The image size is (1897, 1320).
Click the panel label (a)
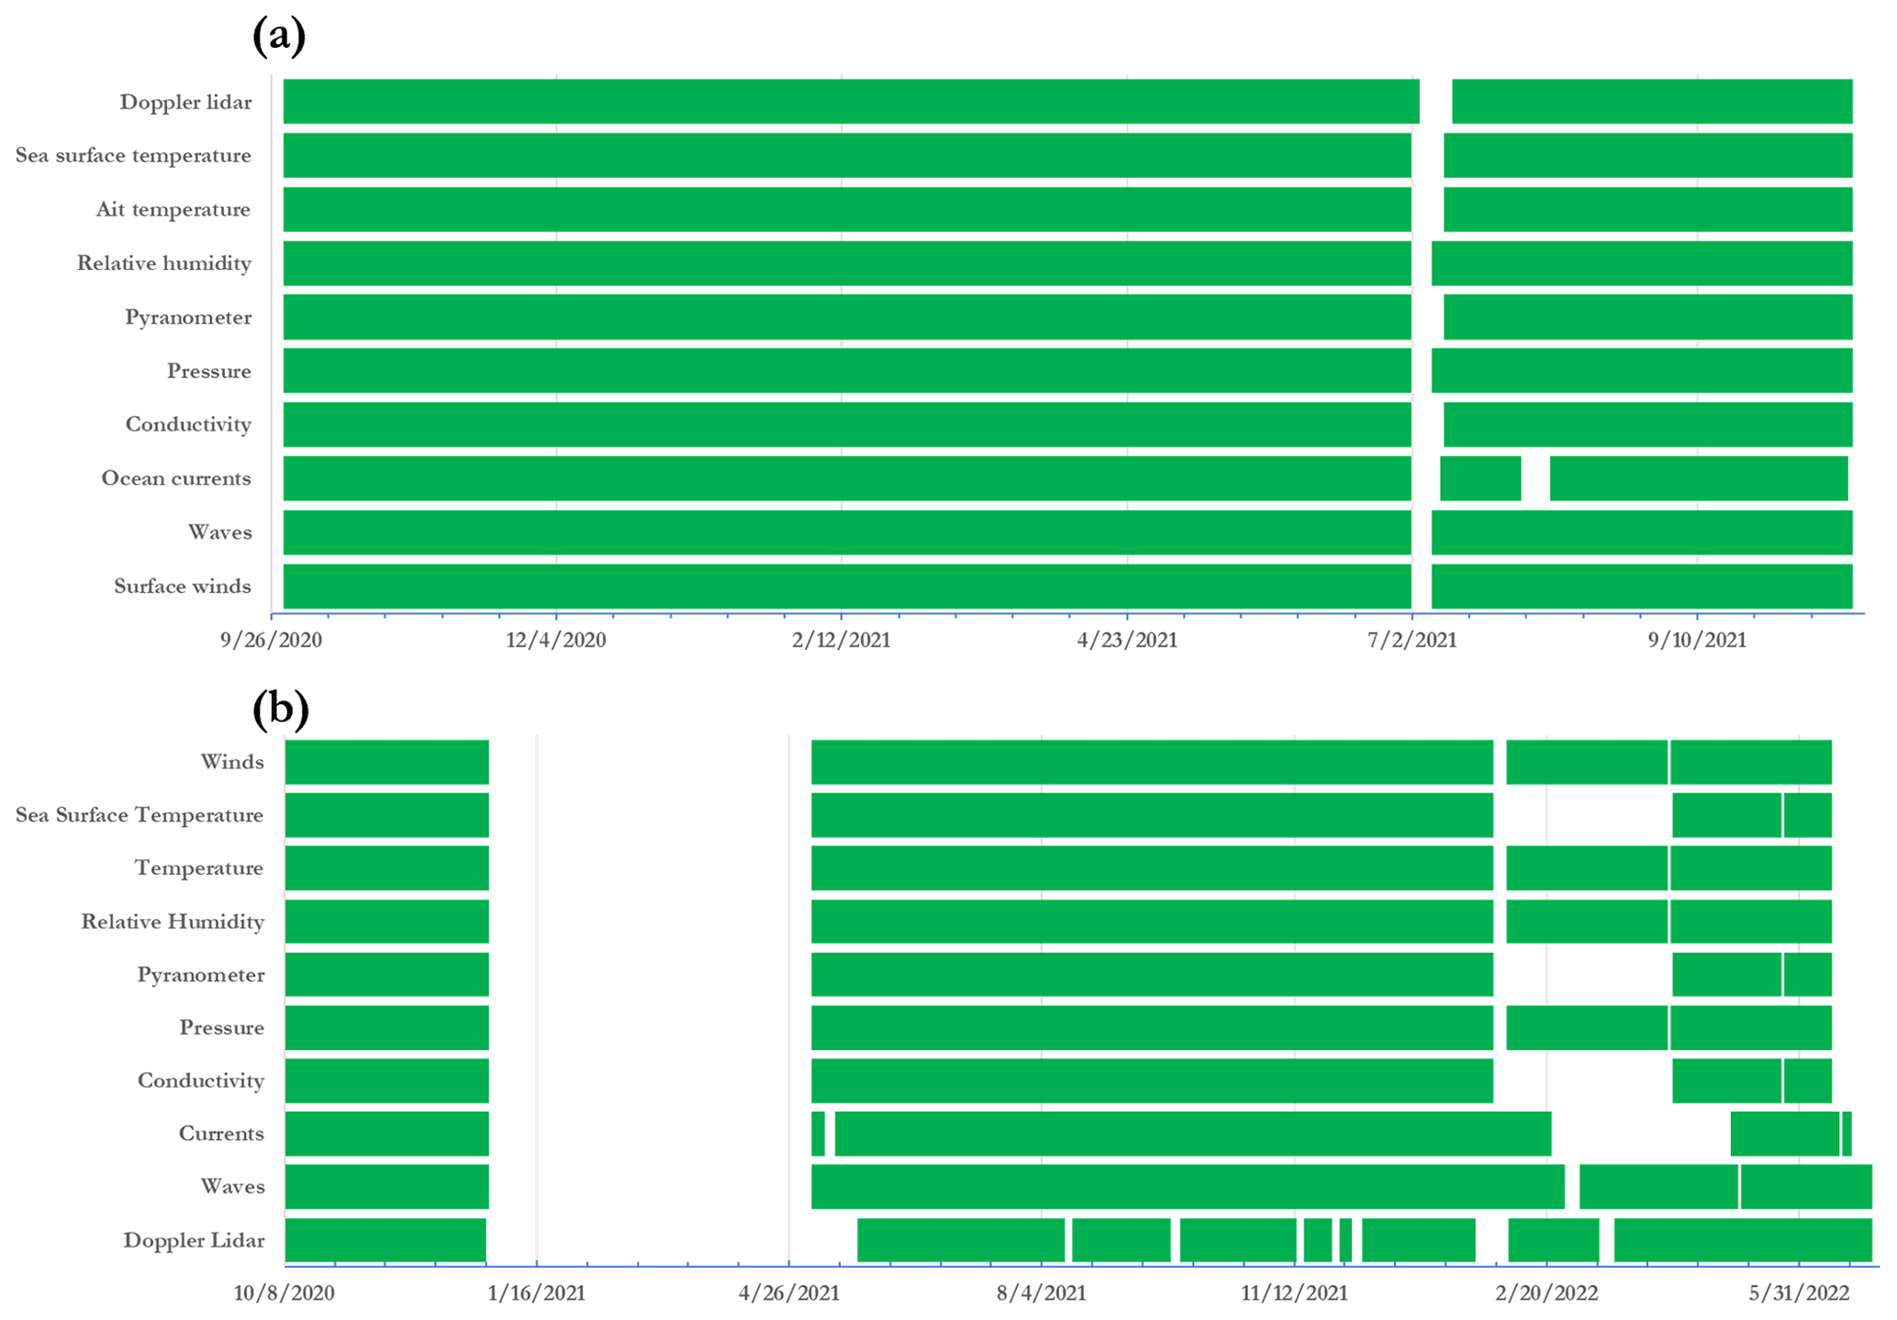278,37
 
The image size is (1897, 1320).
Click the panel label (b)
280,710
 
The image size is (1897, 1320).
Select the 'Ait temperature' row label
173,209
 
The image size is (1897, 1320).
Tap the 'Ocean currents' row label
176,478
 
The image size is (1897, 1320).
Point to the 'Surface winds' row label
183,587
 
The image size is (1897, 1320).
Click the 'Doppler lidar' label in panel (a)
185,102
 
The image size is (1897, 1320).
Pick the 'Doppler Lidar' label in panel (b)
194,1241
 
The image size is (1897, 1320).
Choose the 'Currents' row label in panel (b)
221,1134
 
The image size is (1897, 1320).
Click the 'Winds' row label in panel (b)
232,762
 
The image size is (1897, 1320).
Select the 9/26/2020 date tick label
271,640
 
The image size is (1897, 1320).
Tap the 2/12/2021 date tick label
842,640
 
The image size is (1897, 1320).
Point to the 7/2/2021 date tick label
1412,640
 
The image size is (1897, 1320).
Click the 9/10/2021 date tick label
1697,640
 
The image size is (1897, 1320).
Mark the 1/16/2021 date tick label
537,1293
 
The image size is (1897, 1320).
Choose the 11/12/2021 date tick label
1294,1293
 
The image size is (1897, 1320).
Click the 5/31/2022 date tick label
1799,1293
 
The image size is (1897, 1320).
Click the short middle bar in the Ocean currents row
1480,478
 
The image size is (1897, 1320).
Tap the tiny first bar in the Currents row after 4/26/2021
818,1134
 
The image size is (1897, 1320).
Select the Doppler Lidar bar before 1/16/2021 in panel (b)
385,1240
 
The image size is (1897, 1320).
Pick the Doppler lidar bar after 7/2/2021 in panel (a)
1652,101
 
